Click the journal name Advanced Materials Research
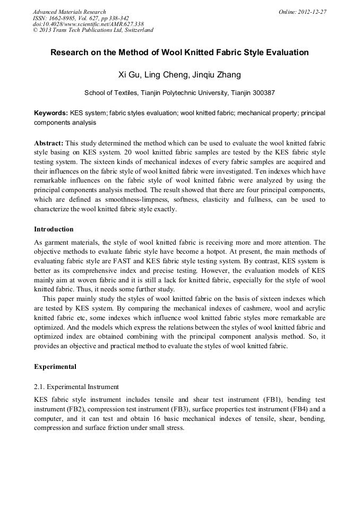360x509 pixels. [69, 12]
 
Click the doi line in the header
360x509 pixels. [88, 24]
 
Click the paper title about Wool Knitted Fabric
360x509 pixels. [179, 53]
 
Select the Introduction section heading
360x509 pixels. [54, 229]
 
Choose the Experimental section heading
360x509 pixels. [55, 366]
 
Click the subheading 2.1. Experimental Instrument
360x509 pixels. [76, 387]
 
